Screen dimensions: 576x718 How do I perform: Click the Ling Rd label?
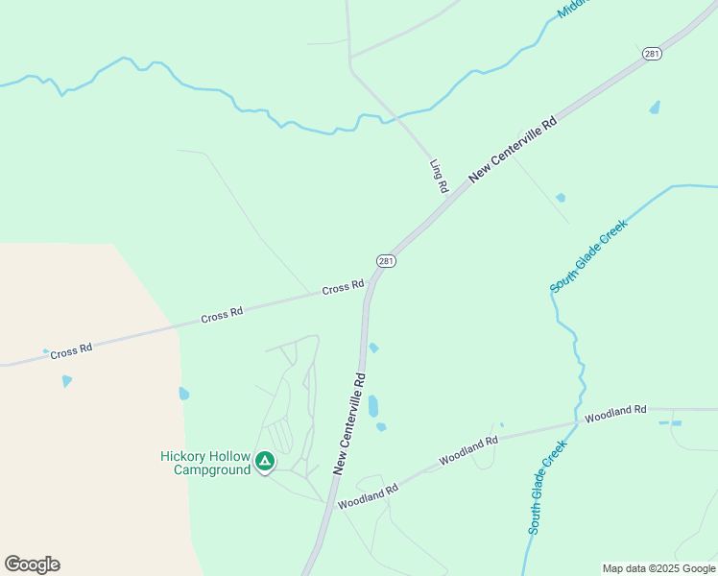[440, 177]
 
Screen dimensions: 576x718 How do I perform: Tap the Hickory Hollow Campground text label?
[205, 463]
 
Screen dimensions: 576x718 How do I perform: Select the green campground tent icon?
[265, 462]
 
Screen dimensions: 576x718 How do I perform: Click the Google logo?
[32, 564]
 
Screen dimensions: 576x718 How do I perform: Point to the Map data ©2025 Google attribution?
[659, 568]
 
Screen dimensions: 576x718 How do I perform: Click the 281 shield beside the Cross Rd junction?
[385, 260]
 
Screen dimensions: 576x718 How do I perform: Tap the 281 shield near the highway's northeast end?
[653, 54]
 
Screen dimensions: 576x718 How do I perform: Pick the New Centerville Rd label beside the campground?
[350, 422]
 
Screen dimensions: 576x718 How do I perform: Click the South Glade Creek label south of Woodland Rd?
[541, 495]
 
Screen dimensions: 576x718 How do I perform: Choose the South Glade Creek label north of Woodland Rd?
[587, 256]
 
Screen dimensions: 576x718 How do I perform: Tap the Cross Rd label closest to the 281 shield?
[343, 287]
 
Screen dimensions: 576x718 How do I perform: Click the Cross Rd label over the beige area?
[71, 351]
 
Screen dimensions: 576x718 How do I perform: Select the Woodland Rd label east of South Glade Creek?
[615, 414]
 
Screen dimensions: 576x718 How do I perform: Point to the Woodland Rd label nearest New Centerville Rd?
[368, 496]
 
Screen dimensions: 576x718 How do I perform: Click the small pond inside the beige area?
[66, 381]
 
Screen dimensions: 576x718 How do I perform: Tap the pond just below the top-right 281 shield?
[655, 108]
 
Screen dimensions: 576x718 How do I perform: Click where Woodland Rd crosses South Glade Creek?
[577, 422]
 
